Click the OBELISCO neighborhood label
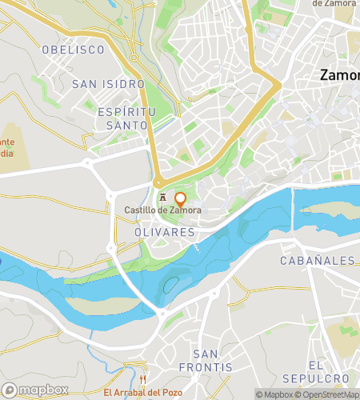[74, 50]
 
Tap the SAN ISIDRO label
[108, 83]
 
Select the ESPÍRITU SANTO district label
[122, 118]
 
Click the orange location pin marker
[181, 199]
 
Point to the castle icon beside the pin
[163, 198]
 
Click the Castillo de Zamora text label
[162, 210]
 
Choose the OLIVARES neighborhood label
[160, 231]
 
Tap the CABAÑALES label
[318, 261]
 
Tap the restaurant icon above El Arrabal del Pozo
[143, 379]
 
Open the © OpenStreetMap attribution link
[328, 394]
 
